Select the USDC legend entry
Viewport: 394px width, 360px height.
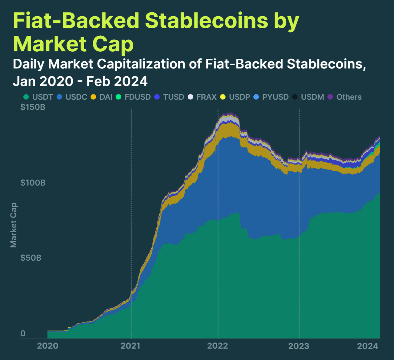tap(72, 97)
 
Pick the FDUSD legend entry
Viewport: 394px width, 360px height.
tap(133, 97)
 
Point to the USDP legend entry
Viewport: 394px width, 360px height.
tap(235, 97)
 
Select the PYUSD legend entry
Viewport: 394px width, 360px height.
tap(271, 97)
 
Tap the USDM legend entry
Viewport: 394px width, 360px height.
tap(308, 97)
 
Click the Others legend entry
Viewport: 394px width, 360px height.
tap(345, 97)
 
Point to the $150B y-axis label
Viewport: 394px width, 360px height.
tap(33, 107)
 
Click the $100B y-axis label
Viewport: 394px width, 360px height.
tap(33, 183)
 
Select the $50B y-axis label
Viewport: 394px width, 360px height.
tap(31, 258)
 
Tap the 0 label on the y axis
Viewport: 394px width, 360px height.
tap(23, 334)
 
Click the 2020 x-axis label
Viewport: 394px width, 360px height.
tap(48, 346)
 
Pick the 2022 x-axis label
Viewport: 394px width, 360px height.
tap(218, 346)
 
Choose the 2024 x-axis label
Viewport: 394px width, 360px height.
tap(368, 346)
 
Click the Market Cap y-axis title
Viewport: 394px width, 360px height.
tap(14, 225)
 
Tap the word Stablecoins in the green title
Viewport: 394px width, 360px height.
tap(206, 21)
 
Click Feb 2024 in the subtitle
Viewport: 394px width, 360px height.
tap(117, 82)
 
